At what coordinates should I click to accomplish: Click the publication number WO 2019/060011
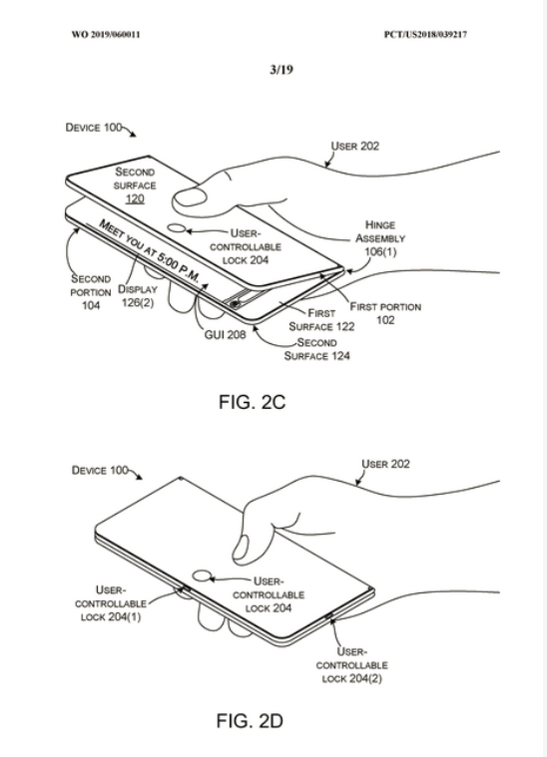[x=106, y=34]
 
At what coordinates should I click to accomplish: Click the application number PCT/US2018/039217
[x=425, y=34]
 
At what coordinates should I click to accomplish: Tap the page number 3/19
[x=281, y=70]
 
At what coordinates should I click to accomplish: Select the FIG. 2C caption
[x=252, y=402]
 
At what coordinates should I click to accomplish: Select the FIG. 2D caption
[x=250, y=721]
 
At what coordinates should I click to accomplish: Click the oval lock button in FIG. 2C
[x=177, y=228]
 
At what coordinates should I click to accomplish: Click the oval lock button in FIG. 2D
[x=203, y=575]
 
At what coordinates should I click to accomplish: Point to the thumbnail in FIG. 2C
[x=190, y=197]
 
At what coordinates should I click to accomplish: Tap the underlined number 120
[x=135, y=198]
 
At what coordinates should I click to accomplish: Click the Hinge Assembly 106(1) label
[x=380, y=238]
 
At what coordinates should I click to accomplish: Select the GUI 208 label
[x=225, y=334]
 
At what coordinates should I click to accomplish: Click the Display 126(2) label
[x=138, y=296]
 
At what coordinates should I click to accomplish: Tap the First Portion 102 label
[x=385, y=313]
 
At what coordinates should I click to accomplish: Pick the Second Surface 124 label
[x=317, y=349]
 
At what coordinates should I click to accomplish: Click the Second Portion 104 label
[x=91, y=291]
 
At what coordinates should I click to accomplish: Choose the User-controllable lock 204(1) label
[x=111, y=603]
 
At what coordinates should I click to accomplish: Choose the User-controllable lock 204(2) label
[x=351, y=665]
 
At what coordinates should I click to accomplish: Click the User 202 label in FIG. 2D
[x=385, y=464]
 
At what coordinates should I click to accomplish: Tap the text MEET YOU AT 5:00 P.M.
[x=150, y=250]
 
